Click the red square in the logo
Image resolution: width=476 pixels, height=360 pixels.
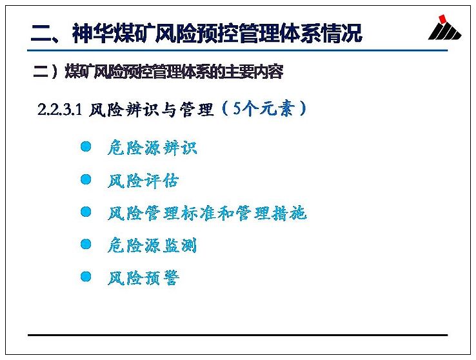442,19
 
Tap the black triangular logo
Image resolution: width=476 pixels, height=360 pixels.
445,31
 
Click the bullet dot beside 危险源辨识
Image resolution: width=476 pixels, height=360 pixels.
86,146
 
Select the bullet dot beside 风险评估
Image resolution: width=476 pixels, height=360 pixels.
86,179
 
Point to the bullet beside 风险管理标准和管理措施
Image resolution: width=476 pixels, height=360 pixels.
86,212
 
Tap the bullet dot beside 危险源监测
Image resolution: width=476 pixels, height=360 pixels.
86,244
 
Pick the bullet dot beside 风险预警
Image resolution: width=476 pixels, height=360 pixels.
86,276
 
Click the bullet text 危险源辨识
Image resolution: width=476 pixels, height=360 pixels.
152,148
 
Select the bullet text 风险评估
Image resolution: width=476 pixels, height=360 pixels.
143,181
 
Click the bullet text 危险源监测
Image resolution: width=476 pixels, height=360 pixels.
152,245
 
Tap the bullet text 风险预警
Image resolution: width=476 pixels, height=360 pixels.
143,277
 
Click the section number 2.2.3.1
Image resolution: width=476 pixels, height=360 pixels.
59,109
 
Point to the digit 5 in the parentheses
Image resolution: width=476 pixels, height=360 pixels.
237,108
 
